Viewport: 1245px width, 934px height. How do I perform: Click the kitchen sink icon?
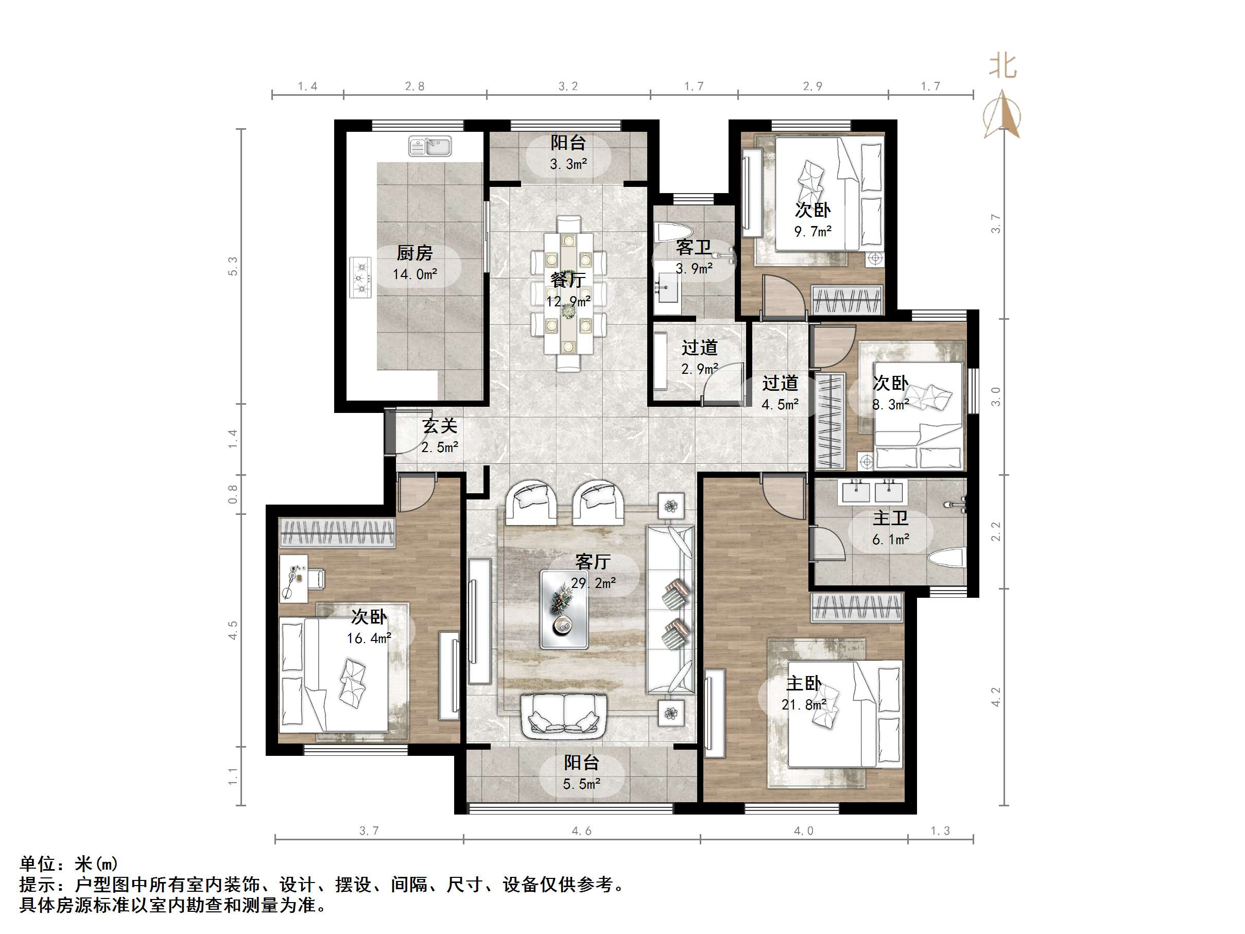[429, 146]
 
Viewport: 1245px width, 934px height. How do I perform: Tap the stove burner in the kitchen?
[361, 277]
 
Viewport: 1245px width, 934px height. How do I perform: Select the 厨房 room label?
[414, 253]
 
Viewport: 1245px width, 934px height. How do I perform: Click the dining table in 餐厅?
[568, 293]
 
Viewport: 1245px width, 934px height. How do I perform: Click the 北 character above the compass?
[1003, 66]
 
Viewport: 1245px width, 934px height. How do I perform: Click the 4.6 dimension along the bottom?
[581, 831]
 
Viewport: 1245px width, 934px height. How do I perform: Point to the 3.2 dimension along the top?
[568, 86]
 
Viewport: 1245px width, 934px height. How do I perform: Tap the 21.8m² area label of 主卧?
[804, 704]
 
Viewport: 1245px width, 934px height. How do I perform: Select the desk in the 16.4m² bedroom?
[294, 578]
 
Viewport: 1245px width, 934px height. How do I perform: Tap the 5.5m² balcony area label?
[581, 784]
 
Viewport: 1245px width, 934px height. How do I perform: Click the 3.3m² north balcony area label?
[568, 164]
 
